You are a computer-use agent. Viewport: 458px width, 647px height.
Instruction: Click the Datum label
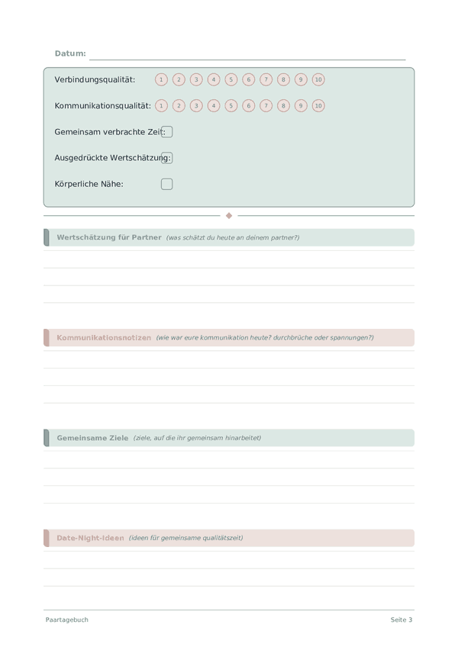pyautogui.click(x=70, y=53)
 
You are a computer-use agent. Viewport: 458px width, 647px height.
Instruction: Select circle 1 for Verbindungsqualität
pyautogui.click(x=161, y=79)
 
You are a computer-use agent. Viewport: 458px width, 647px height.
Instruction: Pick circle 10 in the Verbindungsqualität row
pyautogui.click(x=318, y=79)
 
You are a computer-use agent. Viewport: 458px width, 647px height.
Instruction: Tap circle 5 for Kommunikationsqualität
pyautogui.click(x=231, y=106)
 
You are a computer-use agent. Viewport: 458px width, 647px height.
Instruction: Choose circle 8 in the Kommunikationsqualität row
pyautogui.click(x=283, y=106)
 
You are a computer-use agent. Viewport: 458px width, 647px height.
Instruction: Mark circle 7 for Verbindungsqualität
pyautogui.click(x=266, y=79)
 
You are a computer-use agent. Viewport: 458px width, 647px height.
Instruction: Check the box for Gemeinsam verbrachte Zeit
pyautogui.click(x=167, y=132)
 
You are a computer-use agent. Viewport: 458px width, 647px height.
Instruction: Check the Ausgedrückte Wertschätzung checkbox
pyautogui.click(x=167, y=158)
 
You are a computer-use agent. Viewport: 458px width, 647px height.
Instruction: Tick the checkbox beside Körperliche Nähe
pyautogui.click(x=167, y=184)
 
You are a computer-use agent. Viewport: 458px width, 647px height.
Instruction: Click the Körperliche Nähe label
pyautogui.click(x=89, y=184)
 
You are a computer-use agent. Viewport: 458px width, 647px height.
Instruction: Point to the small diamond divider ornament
pyautogui.click(x=229, y=216)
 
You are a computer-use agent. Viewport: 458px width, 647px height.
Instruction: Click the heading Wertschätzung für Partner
pyautogui.click(x=109, y=237)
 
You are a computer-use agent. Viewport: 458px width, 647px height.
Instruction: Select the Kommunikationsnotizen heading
pyautogui.click(x=104, y=337)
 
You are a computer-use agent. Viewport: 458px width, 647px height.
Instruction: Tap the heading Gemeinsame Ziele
pyautogui.click(x=92, y=438)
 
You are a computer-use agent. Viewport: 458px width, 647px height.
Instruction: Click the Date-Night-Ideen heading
pyautogui.click(x=90, y=538)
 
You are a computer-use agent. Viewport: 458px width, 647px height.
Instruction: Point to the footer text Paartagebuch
pyautogui.click(x=66, y=620)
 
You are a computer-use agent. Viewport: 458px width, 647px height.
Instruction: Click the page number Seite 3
pyautogui.click(x=402, y=620)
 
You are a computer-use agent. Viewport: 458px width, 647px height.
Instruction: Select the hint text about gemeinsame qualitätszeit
pyautogui.click(x=185, y=538)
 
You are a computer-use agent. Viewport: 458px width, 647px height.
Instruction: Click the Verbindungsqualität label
pyautogui.click(x=95, y=79)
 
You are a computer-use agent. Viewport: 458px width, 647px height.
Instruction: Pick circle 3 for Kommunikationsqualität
pyautogui.click(x=196, y=106)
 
